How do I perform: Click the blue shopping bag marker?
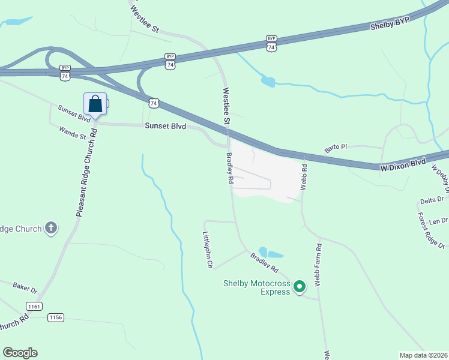click(x=95, y=104)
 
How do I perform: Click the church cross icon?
click(x=52, y=228)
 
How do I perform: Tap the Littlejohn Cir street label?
click(x=208, y=250)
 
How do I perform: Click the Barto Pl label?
click(x=336, y=147)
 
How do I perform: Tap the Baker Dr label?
click(x=25, y=289)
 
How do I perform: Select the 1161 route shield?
click(x=34, y=306)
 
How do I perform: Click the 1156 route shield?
click(x=56, y=317)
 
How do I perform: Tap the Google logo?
click(x=20, y=353)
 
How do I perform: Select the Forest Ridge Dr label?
click(x=431, y=230)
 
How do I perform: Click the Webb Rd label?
click(x=304, y=178)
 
